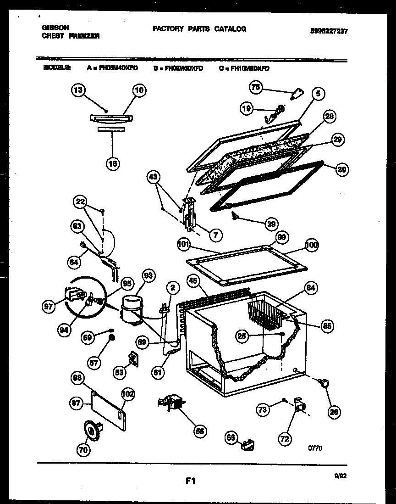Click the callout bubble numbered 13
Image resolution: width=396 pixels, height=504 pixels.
click(x=79, y=90)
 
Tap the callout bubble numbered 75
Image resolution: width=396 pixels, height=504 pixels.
click(x=255, y=87)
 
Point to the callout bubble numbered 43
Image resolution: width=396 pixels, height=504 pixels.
click(x=154, y=176)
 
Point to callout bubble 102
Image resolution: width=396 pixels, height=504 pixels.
click(x=128, y=393)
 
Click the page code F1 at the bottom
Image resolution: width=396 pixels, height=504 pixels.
click(x=191, y=481)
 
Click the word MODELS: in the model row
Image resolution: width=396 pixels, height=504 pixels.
click(x=57, y=67)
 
